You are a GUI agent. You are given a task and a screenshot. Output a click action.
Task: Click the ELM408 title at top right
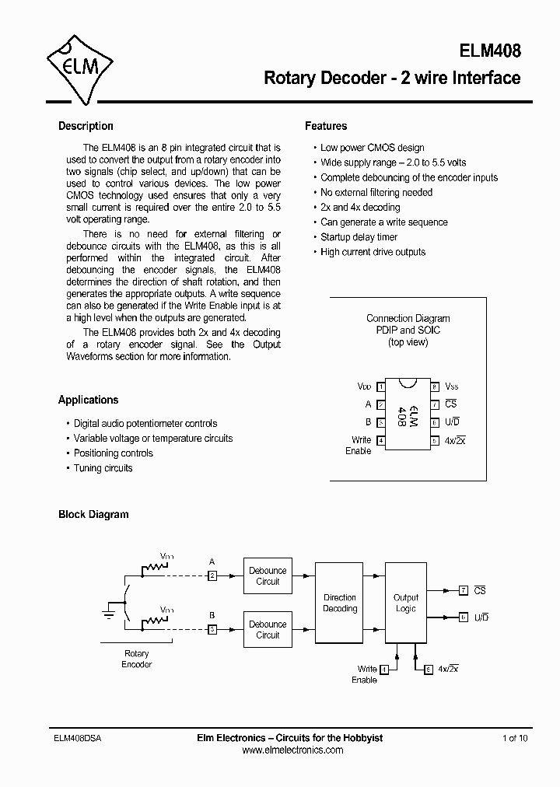[489, 51]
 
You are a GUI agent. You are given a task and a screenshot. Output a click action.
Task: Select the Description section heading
[86, 126]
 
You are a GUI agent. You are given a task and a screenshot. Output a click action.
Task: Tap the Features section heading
[326, 126]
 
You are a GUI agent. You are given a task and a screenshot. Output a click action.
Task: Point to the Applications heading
[88, 400]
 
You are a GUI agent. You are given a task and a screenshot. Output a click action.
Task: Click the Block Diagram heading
[93, 514]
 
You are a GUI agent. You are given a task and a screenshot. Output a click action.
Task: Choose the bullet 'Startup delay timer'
[359, 237]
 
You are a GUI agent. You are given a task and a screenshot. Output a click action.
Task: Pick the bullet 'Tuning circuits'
[103, 468]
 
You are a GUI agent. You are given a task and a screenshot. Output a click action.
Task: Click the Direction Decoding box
[340, 603]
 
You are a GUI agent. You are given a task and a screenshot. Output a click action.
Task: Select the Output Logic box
[406, 603]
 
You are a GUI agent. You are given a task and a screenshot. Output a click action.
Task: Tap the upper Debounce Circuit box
[268, 576]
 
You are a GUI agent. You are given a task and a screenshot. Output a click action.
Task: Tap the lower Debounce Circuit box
[268, 630]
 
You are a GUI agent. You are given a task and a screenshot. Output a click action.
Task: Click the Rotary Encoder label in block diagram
[136, 659]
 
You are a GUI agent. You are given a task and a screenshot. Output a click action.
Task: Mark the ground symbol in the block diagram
[109, 614]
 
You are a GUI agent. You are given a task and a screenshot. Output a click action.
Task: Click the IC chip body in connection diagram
[406, 414]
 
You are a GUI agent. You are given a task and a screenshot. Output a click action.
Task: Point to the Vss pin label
[451, 387]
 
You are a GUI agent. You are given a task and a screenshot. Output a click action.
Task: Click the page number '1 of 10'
[515, 738]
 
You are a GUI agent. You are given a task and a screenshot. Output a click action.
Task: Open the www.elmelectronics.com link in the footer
[292, 750]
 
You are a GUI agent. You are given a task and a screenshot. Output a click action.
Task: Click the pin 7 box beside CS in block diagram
[463, 591]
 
